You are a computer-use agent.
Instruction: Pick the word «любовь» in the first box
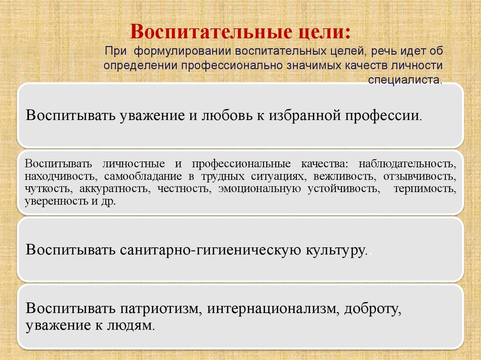tap(226, 115)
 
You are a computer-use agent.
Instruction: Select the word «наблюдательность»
tap(407, 164)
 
